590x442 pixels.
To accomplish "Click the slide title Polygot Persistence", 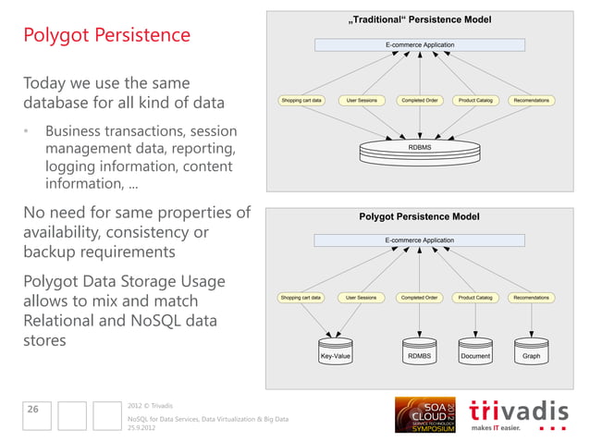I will [x=106, y=35].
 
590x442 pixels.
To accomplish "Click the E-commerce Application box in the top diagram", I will [x=419, y=44].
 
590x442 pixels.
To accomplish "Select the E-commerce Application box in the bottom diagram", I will [x=419, y=240].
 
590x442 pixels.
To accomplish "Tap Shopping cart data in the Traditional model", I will [x=301, y=100].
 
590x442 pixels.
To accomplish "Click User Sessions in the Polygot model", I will [x=361, y=298].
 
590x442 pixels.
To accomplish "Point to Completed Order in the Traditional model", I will [x=419, y=100].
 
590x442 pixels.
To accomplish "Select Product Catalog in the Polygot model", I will [x=475, y=298].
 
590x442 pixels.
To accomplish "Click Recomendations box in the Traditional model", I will [x=531, y=100].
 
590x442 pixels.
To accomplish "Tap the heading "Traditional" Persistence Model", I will [x=419, y=19].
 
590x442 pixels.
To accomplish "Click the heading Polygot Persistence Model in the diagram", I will [x=419, y=216].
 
